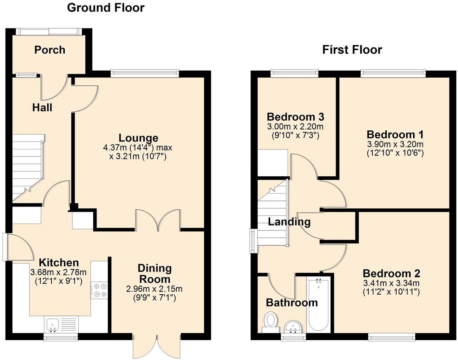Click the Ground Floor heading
(105, 7)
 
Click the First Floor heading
(352, 50)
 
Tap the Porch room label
(50, 50)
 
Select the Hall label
(42, 107)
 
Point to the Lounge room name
(138, 138)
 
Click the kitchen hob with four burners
(99, 290)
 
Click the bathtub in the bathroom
(319, 305)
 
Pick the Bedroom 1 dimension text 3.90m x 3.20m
(395, 144)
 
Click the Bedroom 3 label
(295, 117)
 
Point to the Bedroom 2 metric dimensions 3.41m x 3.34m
(391, 283)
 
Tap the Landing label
(289, 222)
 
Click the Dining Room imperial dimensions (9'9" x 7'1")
(154, 298)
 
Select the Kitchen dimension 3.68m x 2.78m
(58, 272)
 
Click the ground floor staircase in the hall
(27, 167)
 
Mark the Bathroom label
(292, 302)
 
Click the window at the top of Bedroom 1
(393, 73)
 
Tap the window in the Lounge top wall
(145, 73)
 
